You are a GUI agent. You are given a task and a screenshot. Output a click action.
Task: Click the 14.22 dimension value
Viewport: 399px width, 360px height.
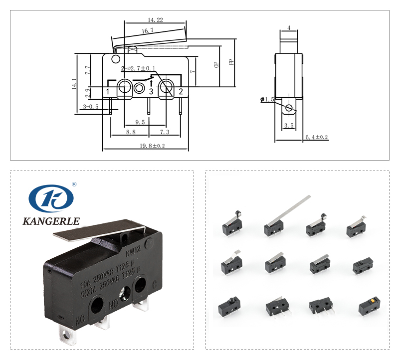click(156, 20)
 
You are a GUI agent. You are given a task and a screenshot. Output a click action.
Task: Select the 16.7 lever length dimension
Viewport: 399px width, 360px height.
click(147, 31)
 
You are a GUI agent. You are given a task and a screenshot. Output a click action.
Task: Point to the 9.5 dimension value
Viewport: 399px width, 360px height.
click(140, 122)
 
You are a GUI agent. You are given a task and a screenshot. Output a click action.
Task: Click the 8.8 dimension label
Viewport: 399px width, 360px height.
click(131, 132)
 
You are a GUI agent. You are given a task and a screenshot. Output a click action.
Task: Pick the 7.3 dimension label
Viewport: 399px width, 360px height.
click(165, 132)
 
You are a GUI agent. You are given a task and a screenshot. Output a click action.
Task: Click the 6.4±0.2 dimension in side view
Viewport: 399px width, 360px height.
click(316, 137)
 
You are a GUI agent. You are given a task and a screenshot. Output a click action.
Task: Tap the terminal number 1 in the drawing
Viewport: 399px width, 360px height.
click(108, 91)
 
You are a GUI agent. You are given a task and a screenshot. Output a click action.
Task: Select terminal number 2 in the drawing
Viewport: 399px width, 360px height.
click(181, 91)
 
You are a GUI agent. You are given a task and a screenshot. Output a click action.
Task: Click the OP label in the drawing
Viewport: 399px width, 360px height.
click(216, 64)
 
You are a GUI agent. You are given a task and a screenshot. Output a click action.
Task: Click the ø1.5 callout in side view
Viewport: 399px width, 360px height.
click(268, 100)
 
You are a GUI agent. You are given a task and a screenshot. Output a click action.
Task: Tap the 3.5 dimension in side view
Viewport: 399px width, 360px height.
click(288, 126)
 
